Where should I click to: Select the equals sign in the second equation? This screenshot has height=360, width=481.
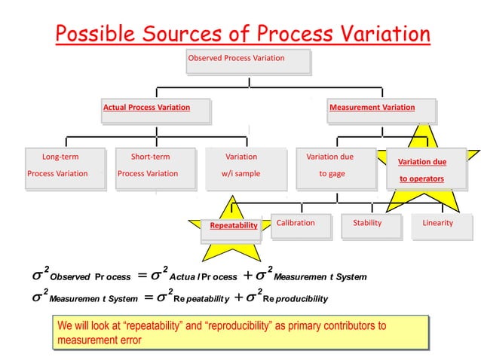point(148,298)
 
